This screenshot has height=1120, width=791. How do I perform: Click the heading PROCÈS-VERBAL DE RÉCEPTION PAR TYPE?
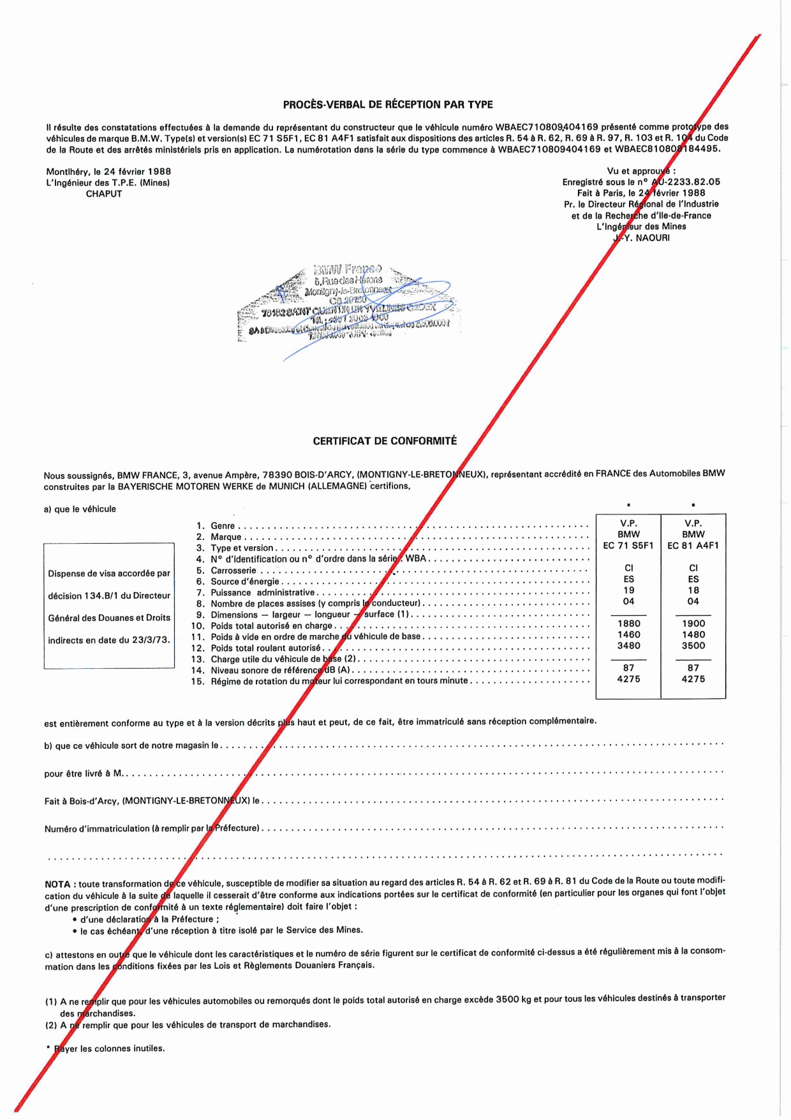click(x=388, y=105)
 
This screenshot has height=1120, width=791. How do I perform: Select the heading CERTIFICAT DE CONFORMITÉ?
click(x=385, y=441)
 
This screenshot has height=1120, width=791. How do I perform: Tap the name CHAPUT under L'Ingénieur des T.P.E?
click(x=104, y=194)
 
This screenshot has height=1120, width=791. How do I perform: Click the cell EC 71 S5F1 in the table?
click(x=628, y=546)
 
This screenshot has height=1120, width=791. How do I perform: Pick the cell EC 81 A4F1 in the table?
click(x=693, y=546)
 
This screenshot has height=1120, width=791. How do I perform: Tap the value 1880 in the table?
click(x=628, y=623)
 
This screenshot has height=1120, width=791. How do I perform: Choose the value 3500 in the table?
click(x=693, y=646)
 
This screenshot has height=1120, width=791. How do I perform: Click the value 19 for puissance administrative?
click(x=628, y=590)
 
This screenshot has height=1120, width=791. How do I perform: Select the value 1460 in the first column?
click(x=628, y=635)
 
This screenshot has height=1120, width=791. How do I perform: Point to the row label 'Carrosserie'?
click(x=233, y=571)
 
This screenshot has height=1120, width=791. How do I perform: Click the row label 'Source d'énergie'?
click(x=245, y=582)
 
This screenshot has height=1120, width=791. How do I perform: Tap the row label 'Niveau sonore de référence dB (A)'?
click(x=281, y=671)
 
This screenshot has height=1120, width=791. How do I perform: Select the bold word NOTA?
click(x=57, y=885)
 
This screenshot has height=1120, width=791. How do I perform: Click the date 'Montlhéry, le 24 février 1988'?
click(x=108, y=172)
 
